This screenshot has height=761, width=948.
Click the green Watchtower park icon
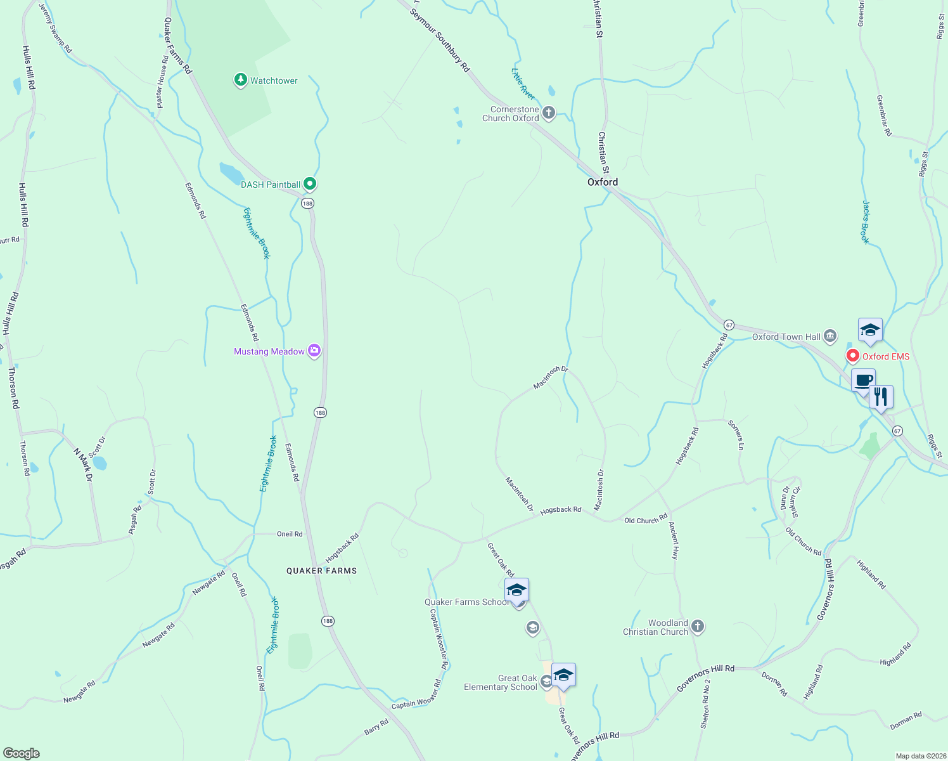point(240,80)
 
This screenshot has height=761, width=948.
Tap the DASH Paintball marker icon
point(309,184)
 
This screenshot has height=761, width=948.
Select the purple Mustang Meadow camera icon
point(314,351)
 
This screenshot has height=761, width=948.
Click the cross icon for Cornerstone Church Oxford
point(549,113)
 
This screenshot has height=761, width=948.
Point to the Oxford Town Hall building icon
point(830,336)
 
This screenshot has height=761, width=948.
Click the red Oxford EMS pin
point(853,356)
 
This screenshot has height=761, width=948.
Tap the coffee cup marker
point(863,380)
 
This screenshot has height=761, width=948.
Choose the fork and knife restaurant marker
point(881,397)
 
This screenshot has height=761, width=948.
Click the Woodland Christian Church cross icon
point(697,627)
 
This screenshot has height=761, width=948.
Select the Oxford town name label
point(602,182)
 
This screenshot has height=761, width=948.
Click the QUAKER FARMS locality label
point(321,571)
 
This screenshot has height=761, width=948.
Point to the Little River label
point(523,83)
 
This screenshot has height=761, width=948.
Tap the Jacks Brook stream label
point(866,222)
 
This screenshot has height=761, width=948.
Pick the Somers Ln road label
point(736,435)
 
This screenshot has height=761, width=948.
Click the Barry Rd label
point(376,727)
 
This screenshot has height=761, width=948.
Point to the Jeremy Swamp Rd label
point(56,28)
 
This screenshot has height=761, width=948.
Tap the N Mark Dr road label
point(83,465)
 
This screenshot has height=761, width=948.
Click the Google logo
point(22,753)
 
